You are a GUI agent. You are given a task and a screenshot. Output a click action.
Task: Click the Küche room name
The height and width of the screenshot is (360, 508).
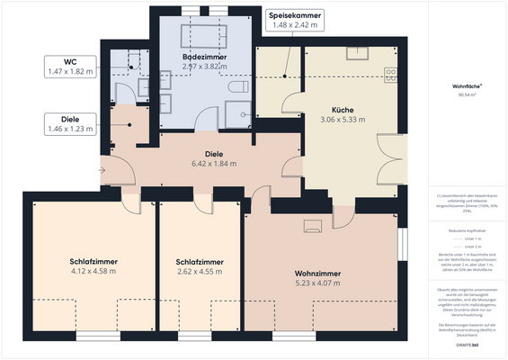click(343, 108)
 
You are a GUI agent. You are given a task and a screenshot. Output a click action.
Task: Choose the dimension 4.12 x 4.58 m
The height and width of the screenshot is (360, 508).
click(94, 271)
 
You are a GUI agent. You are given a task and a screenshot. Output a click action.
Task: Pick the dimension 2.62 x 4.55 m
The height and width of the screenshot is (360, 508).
click(200, 271)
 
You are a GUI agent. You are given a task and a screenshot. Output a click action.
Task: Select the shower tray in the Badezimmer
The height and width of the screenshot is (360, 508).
click(239, 112)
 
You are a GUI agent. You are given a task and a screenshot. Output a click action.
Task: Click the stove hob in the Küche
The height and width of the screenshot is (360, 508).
click(392, 71)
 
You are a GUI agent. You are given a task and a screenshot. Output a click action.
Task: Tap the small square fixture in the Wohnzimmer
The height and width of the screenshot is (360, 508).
click(313, 226)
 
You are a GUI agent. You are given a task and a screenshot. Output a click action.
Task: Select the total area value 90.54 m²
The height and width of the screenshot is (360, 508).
click(465, 93)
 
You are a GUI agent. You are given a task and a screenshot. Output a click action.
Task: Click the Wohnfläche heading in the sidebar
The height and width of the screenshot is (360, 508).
click(465, 85)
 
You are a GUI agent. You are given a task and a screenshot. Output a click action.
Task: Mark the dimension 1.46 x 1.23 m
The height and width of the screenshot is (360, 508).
click(70, 130)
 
